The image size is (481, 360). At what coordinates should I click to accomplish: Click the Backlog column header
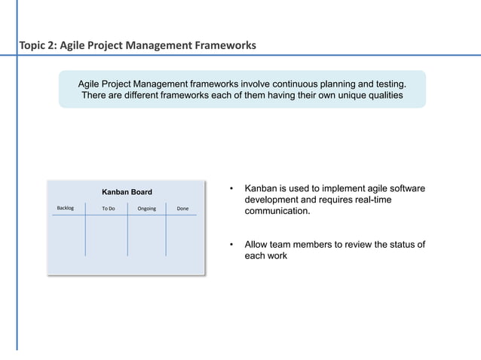[x=66, y=208]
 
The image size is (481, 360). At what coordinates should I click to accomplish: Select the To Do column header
[x=108, y=209]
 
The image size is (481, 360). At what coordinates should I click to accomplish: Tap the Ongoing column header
[x=147, y=209]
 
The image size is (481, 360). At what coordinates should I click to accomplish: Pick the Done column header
[x=182, y=209]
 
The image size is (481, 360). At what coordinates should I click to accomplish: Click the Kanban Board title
[x=127, y=192]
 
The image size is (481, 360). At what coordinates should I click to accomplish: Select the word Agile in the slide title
[x=75, y=46]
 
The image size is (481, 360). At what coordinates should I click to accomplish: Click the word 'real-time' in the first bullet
[x=372, y=200]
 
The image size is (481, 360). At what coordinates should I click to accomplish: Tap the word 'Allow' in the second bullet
[x=257, y=245]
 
